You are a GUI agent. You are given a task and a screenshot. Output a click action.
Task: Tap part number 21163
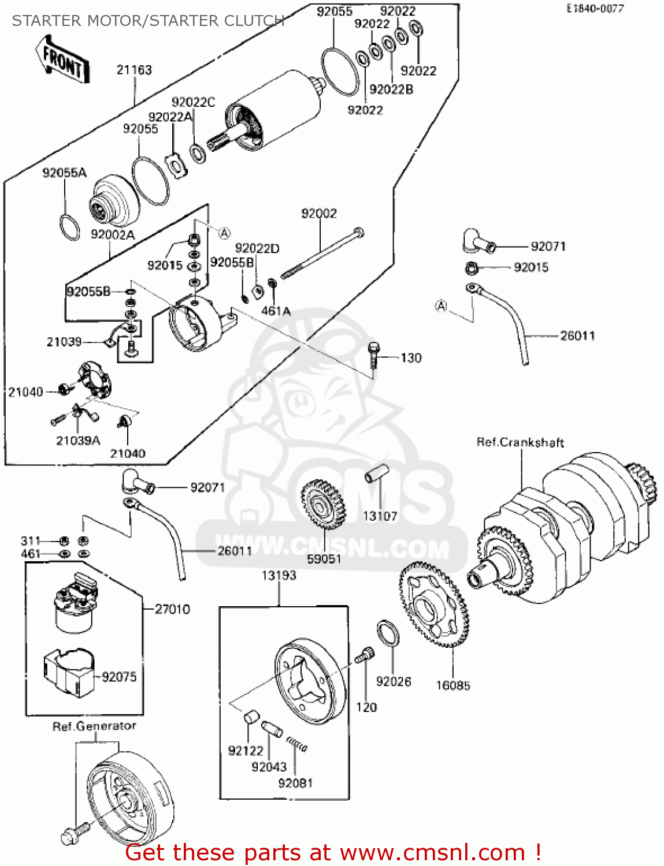pos(134,70)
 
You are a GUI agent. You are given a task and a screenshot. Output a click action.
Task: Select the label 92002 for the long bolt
pos(318,214)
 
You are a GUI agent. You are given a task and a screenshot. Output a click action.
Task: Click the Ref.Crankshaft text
pos(520,442)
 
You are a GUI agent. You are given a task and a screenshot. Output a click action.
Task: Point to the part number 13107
pos(380,516)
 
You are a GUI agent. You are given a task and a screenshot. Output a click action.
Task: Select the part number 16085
pos(453,685)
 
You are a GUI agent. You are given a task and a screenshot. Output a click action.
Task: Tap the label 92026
pos(394,681)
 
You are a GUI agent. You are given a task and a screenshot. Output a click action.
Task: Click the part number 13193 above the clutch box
pos(279,575)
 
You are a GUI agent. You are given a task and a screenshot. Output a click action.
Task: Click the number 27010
pos(172,609)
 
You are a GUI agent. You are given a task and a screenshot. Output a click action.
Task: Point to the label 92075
pos(119,677)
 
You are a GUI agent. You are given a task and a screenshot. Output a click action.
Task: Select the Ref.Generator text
pos(94,726)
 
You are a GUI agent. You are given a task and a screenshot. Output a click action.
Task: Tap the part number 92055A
pos(64,173)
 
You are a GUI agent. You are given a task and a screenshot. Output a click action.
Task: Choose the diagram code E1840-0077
pos(595,9)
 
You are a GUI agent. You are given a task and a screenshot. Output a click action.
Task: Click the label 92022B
pos(391,89)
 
